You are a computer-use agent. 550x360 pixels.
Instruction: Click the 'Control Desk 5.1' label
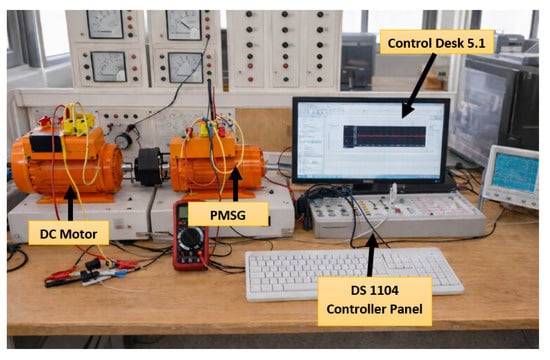point(437,42)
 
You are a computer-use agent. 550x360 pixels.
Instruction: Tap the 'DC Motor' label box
point(69,233)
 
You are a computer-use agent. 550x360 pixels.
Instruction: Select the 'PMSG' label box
point(228,214)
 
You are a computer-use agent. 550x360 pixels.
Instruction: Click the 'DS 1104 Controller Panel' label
point(375,301)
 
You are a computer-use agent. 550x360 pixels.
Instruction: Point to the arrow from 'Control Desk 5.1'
point(419,86)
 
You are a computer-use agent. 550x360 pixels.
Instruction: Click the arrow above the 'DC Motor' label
point(71,204)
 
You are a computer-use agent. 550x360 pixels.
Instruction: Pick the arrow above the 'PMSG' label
point(235,184)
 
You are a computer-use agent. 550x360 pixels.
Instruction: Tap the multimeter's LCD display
point(182,211)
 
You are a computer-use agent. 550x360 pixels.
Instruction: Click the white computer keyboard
point(354,273)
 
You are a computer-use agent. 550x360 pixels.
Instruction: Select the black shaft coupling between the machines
point(149,166)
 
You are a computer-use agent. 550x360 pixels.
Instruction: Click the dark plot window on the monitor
point(384,136)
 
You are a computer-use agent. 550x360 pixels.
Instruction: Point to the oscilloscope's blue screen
point(515,172)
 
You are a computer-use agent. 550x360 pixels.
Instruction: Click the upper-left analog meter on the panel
point(105,24)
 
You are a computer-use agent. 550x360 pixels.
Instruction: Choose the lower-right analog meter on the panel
point(185,67)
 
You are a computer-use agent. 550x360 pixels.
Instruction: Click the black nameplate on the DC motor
point(46,143)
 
